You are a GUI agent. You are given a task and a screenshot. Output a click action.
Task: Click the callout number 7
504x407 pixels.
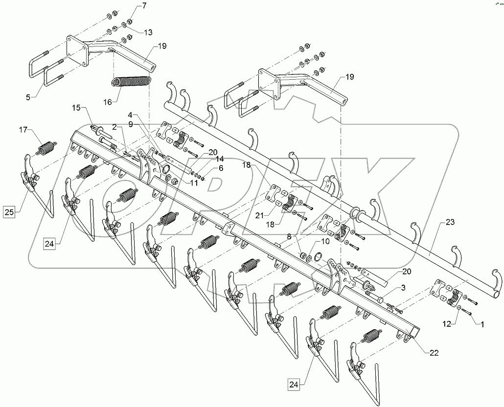pyautogui.click(x=130, y=6)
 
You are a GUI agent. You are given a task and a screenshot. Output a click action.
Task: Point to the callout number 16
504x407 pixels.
pyautogui.click(x=107, y=101)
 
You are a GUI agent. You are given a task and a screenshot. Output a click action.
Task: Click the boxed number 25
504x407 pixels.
pyautogui.click(x=9, y=212)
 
